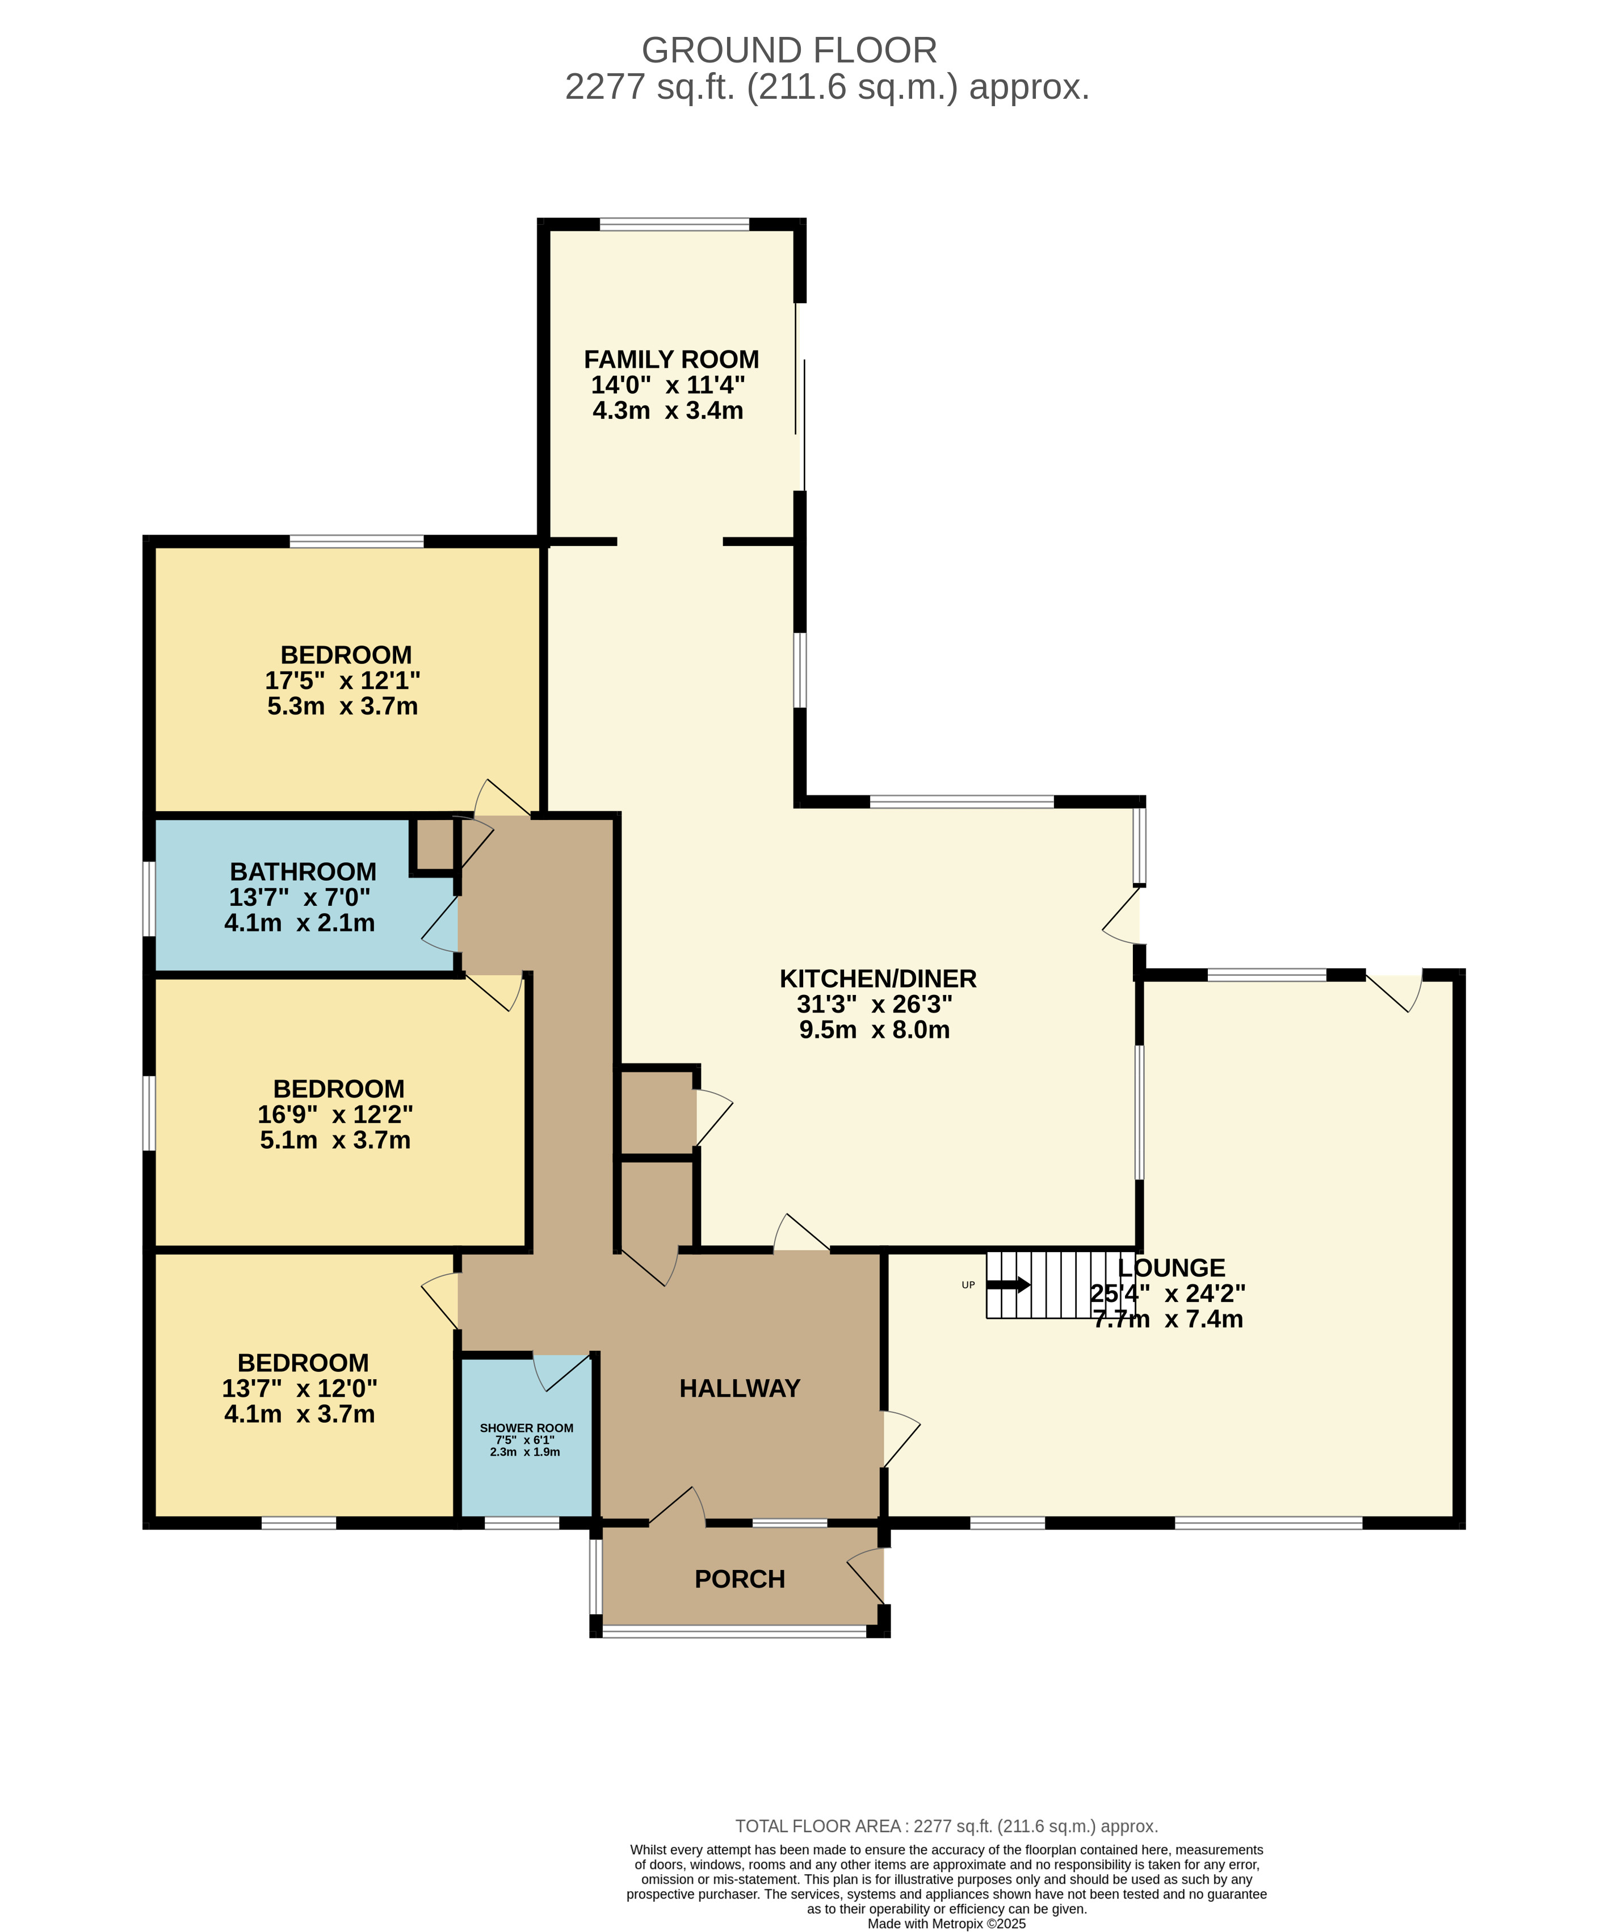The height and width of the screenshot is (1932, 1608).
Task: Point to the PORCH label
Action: [x=740, y=1579]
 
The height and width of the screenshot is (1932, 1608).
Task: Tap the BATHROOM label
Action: [x=303, y=871]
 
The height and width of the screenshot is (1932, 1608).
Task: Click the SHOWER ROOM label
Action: [x=526, y=1428]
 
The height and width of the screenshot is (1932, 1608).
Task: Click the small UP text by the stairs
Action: [x=968, y=1285]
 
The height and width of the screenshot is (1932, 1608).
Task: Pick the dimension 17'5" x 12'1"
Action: [x=342, y=681]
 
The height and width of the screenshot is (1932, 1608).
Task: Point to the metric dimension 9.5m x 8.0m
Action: [x=874, y=1030]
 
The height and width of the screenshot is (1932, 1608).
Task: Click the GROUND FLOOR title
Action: [x=790, y=51]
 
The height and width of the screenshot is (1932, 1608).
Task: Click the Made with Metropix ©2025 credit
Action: [x=947, y=1923]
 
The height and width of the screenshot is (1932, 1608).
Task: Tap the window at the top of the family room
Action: [x=674, y=224]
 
